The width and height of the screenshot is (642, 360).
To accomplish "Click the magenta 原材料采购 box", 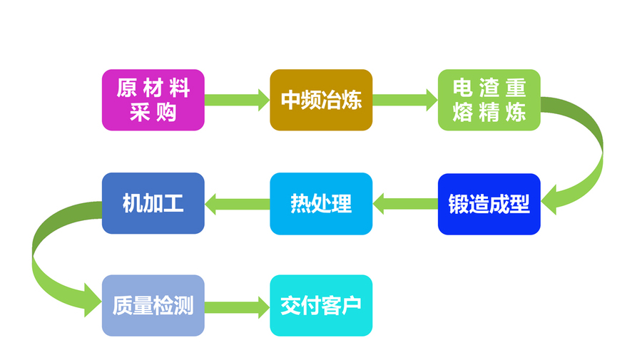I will (x=153, y=100).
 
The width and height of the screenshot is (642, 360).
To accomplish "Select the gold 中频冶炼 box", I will (x=321, y=100).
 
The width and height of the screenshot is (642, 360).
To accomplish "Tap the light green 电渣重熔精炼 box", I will (x=489, y=100).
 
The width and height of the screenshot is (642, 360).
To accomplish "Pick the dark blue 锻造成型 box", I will (x=489, y=204).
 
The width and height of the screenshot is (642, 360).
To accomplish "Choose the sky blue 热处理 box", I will (x=321, y=204).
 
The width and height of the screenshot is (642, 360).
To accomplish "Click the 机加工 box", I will (x=153, y=204).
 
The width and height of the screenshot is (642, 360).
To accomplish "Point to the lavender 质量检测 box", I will (x=153, y=306).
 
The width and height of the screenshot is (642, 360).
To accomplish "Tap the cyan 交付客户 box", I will (x=321, y=306).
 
